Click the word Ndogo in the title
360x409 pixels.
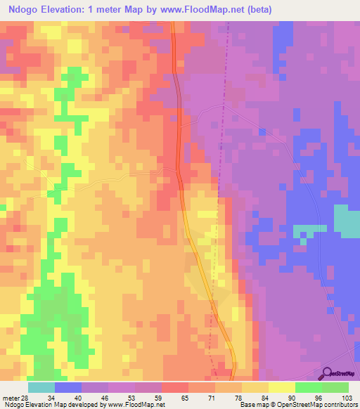click(x=26, y=10)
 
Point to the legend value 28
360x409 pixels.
click(x=24, y=398)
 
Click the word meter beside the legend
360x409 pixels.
click(x=10, y=398)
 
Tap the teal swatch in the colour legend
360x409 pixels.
click(x=41, y=387)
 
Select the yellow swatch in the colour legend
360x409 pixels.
click(x=283, y=387)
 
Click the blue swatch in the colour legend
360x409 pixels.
click(x=68, y=387)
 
